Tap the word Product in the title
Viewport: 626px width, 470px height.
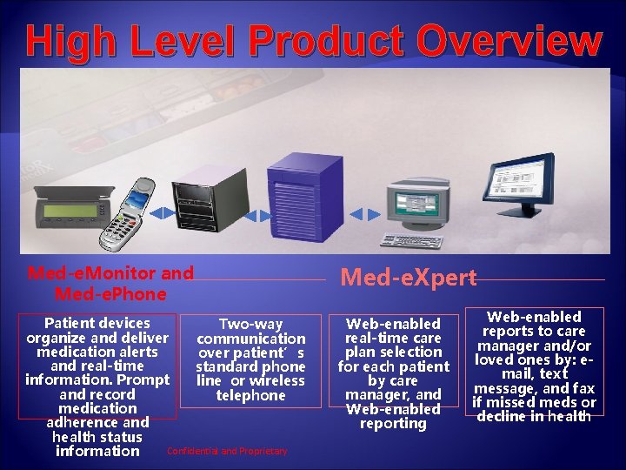coord(312,41)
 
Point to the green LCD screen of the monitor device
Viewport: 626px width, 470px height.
coord(71,211)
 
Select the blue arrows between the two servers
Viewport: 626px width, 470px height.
coord(250,213)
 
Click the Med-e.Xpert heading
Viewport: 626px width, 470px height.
coord(409,278)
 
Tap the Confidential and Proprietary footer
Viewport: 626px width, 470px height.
coord(226,451)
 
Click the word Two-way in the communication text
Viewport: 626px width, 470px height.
coord(250,324)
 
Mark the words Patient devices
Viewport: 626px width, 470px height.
coord(97,323)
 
